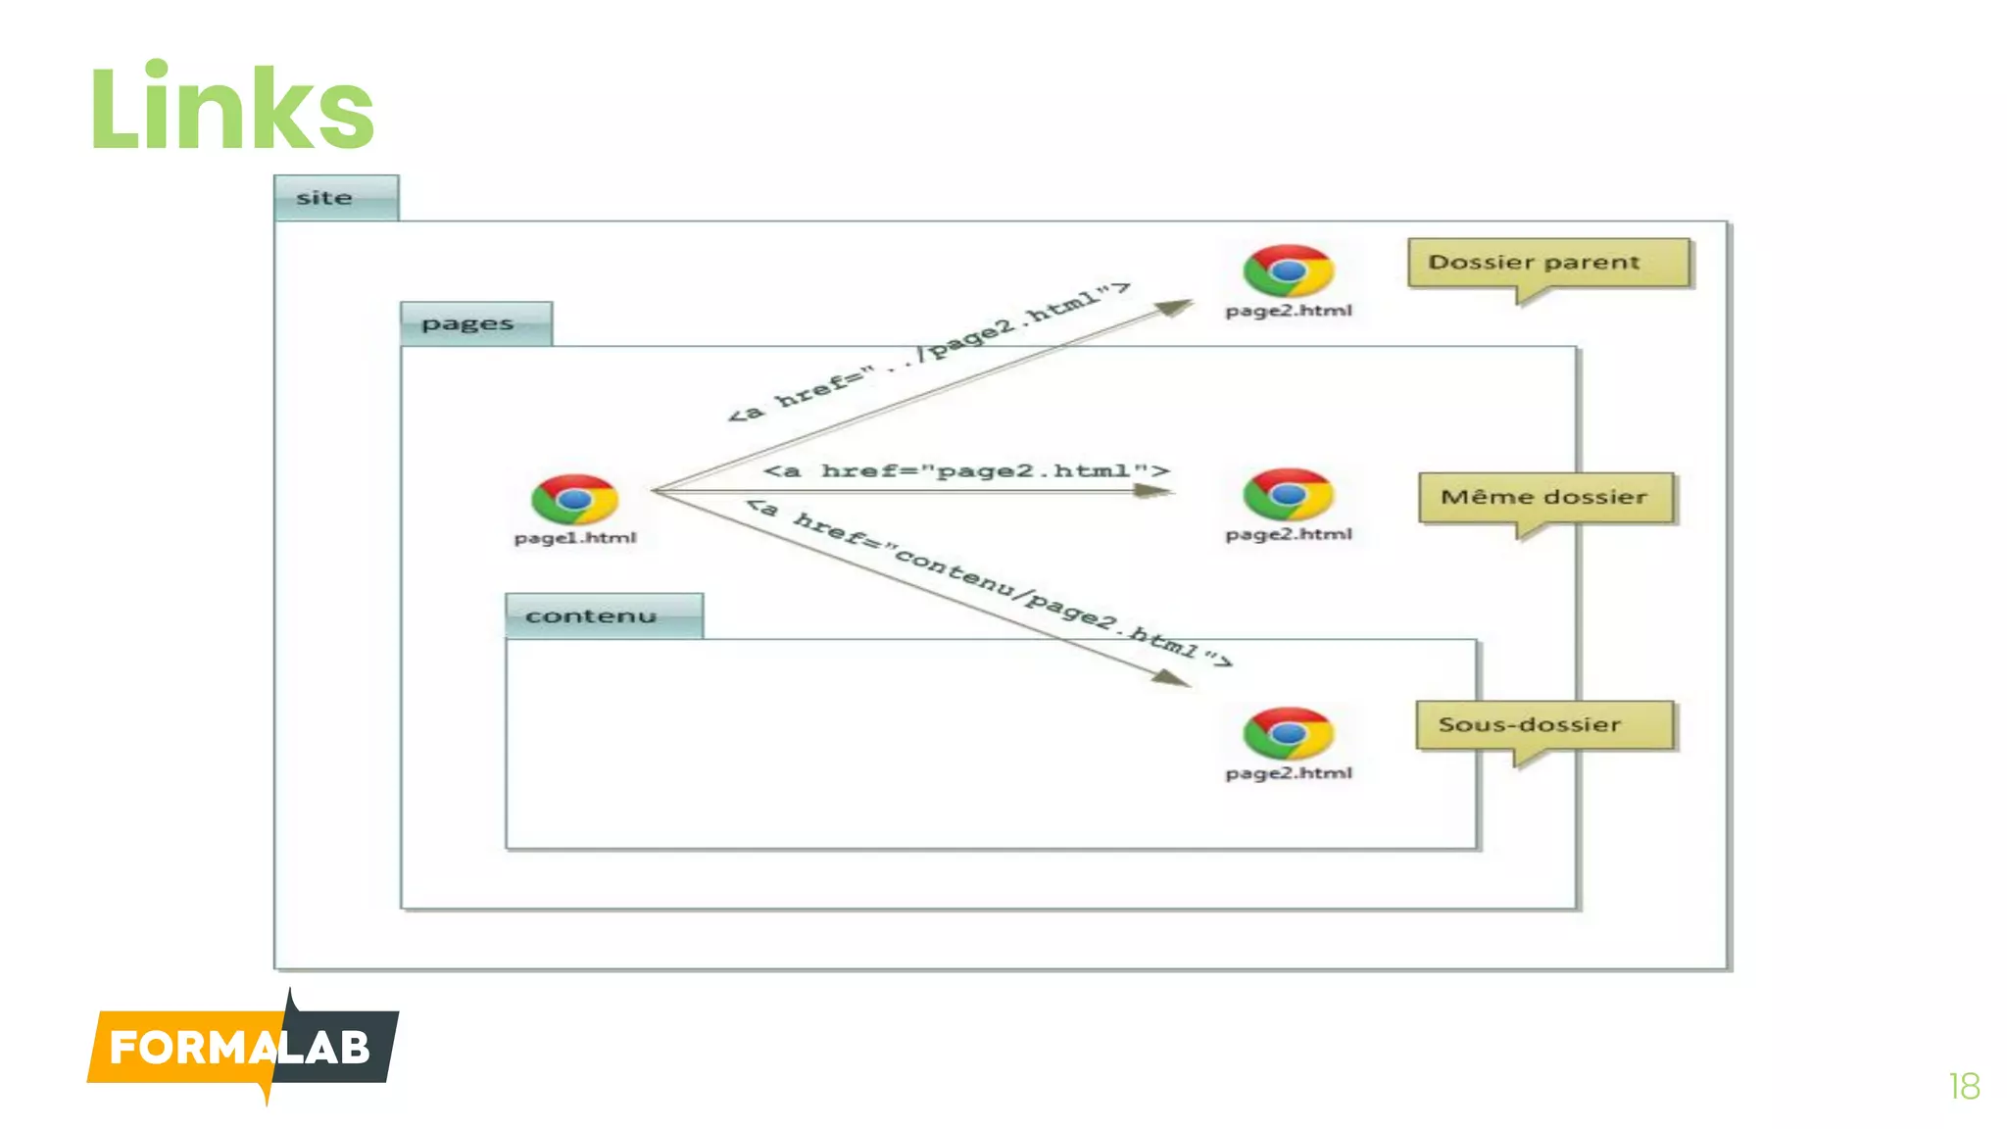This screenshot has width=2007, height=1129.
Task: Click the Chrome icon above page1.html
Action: (574, 500)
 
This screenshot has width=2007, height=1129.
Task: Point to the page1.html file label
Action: (575, 538)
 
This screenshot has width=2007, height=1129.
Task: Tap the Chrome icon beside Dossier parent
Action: (1288, 270)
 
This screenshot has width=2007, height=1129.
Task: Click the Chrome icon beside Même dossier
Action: (1288, 494)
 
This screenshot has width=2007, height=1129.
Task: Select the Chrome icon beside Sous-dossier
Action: (1288, 733)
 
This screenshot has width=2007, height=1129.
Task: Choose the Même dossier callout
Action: (1544, 498)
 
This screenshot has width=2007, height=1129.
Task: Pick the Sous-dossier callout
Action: (1543, 725)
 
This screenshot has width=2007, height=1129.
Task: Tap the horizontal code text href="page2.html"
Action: (966, 471)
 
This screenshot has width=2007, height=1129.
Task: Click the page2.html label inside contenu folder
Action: (1288, 773)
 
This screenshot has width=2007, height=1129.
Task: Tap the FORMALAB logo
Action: (242, 1048)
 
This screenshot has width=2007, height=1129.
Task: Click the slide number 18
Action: (1964, 1087)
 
